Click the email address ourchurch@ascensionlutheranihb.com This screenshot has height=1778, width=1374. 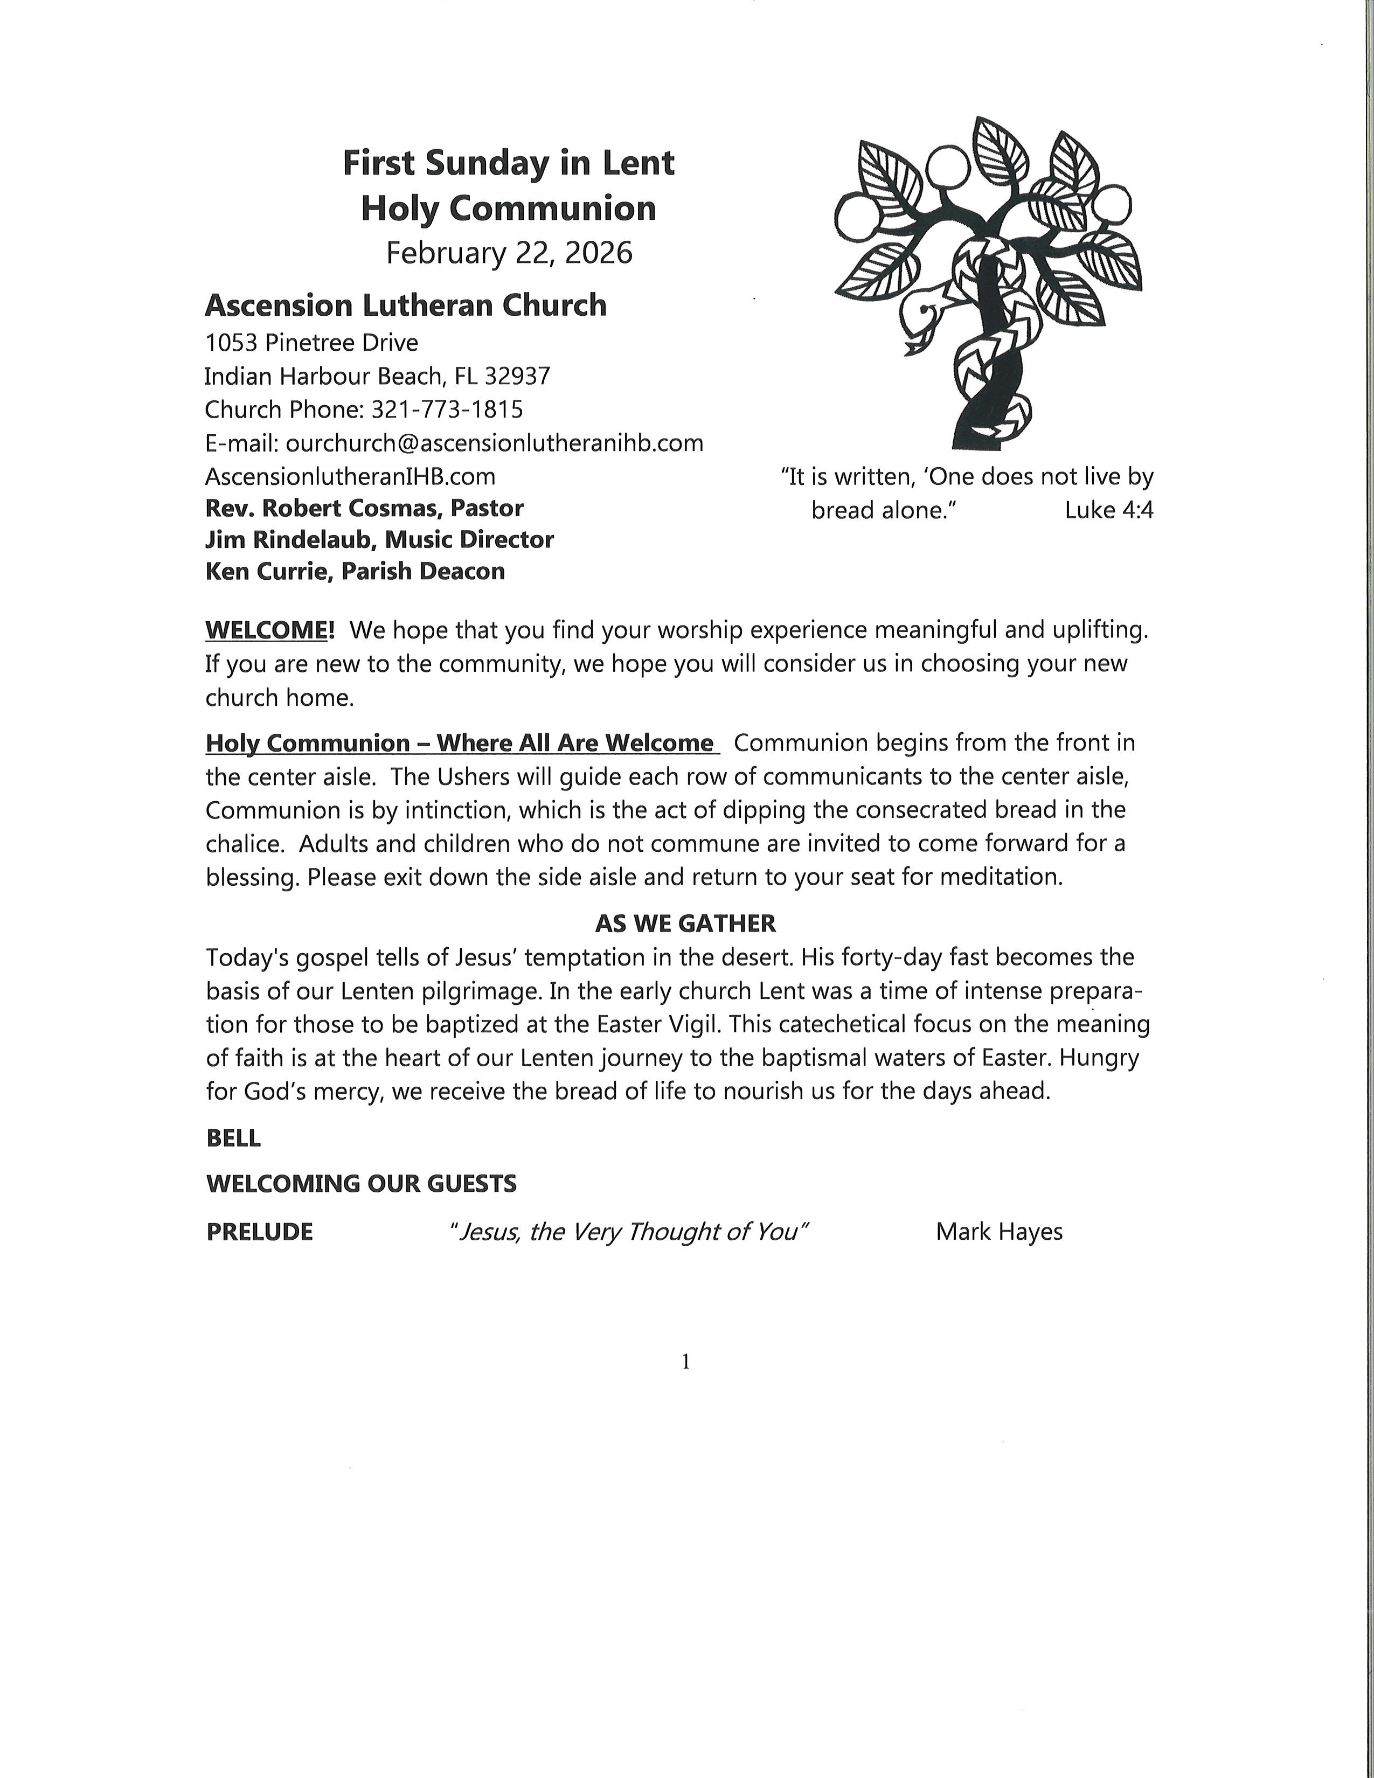(x=494, y=443)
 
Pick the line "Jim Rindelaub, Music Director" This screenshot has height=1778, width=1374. (x=379, y=540)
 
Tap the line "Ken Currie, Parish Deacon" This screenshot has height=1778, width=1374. (x=355, y=572)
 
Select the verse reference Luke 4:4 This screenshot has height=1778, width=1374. (x=1109, y=510)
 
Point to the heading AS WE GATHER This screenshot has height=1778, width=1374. (x=685, y=923)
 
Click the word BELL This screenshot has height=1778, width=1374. (x=234, y=1138)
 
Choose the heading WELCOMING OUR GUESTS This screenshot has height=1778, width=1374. (x=362, y=1184)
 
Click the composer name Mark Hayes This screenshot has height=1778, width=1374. (x=999, y=1232)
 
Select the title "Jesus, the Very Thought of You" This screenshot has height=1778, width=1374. (x=628, y=1232)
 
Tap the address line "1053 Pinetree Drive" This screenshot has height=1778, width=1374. (x=311, y=343)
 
